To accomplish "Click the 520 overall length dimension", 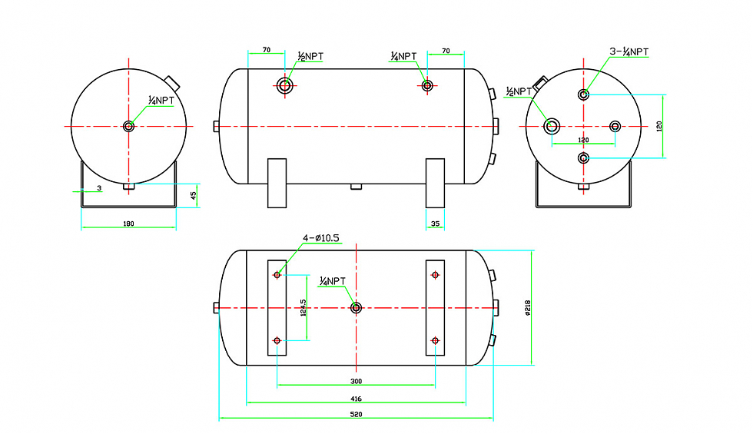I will point(356,414).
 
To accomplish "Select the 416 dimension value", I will point(356,399).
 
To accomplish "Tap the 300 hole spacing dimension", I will point(356,381).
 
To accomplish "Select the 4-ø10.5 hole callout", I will point(322,238).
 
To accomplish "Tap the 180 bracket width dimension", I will point(128,224).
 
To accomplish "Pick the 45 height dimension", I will point(194,195).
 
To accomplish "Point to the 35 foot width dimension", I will point(435,224).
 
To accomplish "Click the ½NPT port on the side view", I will point(286,84).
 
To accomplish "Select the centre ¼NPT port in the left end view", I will point(128,126).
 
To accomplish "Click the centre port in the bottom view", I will point(356,308).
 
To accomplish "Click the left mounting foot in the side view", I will point(277,183).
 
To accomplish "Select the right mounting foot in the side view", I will point(435,183).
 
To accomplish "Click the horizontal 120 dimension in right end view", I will point(583,140).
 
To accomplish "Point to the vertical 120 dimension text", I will point(658,126).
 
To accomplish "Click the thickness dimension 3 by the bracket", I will point(99,188).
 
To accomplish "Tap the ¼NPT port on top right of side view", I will point(427,84).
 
